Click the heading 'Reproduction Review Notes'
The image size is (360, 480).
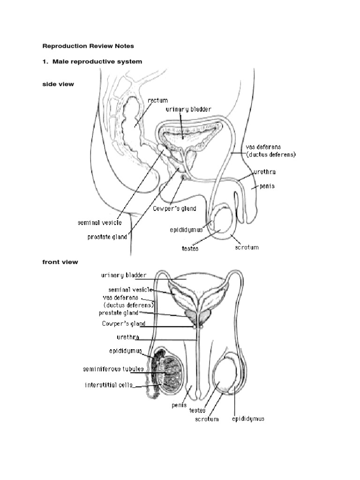89,46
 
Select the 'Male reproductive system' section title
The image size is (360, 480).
92,61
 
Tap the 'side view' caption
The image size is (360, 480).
58,84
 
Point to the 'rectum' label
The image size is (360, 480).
157,100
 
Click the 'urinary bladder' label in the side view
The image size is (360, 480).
188,109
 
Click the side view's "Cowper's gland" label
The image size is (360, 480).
174,209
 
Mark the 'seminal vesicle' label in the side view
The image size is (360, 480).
99,223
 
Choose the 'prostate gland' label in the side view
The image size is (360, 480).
107,237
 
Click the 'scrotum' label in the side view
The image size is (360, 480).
247,247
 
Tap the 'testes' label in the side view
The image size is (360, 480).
190,248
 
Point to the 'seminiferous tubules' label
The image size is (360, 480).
113,369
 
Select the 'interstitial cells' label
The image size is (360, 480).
109,385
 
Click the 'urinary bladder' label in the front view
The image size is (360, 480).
124,275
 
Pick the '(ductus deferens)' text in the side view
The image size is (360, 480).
271,154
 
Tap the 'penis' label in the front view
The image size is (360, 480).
180,405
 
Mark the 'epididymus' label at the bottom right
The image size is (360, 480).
248,419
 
